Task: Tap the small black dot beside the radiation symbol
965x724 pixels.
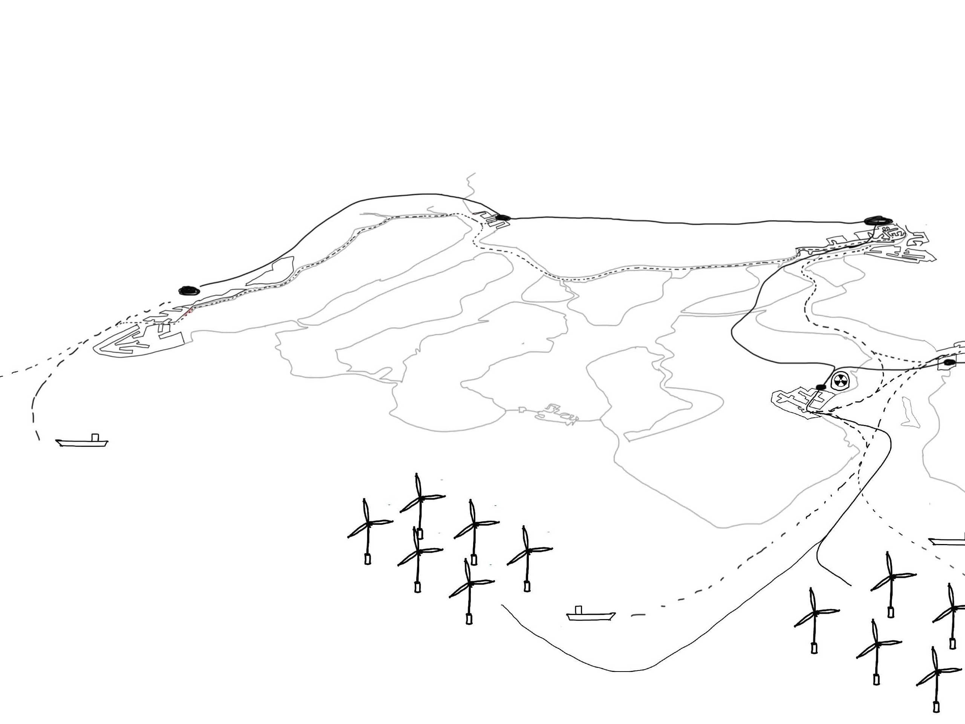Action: click(x=821, y=387)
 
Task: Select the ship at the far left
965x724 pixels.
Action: click(x=81, y=442)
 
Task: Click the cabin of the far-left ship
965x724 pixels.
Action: click(x=95, y=437)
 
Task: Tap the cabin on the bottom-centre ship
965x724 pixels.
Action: click(x=579, y=610)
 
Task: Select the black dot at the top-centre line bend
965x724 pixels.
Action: click(x=503, y=217)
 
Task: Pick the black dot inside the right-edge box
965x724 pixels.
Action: click(x=949, y=363)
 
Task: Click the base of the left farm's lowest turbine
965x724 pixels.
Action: click(x=469, y=618)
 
